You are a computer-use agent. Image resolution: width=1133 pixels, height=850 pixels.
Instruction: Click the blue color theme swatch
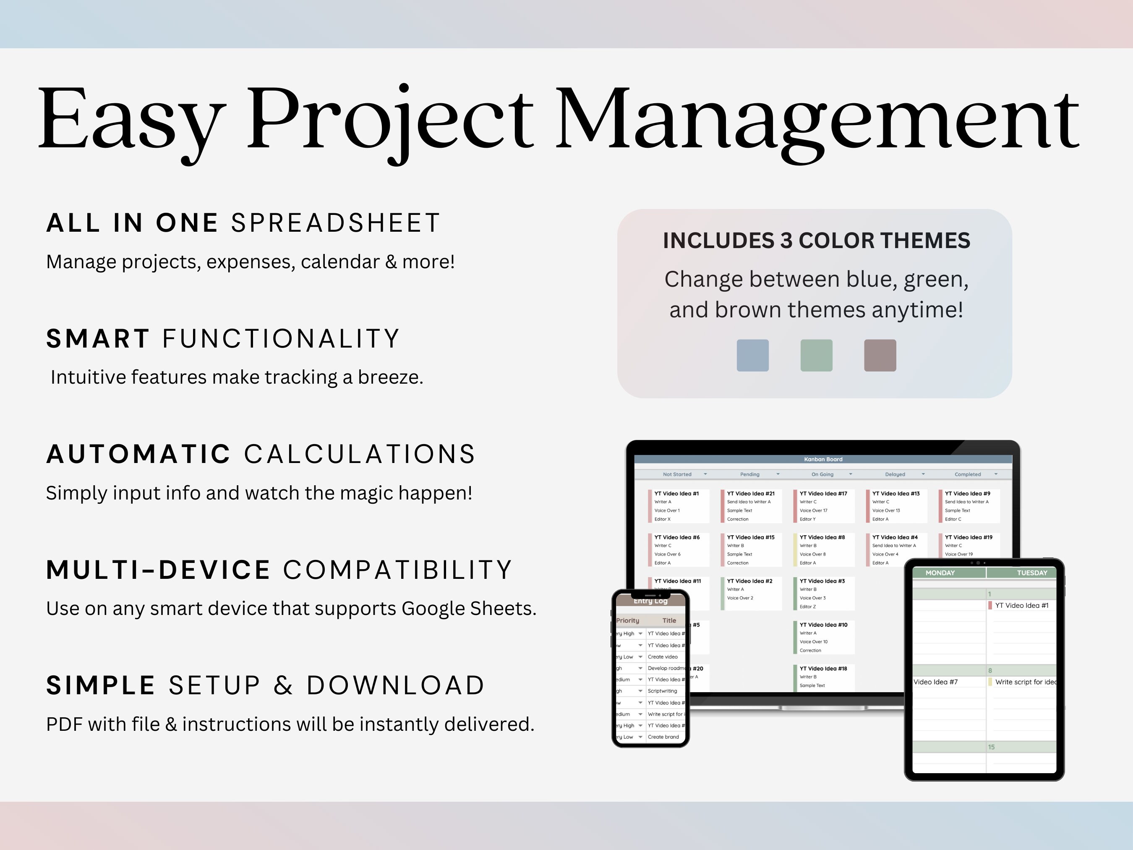752,355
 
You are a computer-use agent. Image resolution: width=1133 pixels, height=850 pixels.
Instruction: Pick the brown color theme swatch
880,355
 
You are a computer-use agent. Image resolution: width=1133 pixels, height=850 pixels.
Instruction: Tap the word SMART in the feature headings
98,339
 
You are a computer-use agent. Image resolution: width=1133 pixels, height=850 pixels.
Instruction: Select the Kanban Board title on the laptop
823,459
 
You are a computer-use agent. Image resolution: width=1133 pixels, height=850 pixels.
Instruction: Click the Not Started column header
677,474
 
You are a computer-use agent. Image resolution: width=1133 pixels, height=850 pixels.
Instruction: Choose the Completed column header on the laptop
968,474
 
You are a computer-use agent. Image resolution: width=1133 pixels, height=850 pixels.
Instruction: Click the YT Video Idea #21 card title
750,493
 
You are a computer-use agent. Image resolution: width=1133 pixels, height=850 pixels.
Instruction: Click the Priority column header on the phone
628,620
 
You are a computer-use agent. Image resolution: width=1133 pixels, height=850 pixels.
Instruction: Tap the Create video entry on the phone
662,657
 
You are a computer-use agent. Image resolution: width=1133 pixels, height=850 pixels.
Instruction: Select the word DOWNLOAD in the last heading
395,685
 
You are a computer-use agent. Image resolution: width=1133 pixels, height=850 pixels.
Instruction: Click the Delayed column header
895,474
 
